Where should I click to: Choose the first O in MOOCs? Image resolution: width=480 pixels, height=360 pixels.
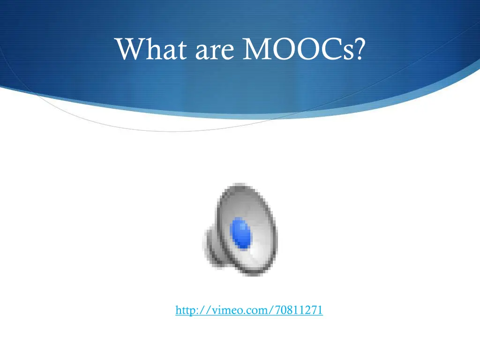coord(284,49)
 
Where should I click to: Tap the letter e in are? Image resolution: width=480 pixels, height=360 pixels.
coord(227,52)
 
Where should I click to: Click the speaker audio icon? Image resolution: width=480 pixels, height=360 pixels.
coord(240,229)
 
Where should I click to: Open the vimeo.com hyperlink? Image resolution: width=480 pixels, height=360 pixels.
coord(249,310)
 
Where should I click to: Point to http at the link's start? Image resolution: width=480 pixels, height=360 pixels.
coord(184,310)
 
